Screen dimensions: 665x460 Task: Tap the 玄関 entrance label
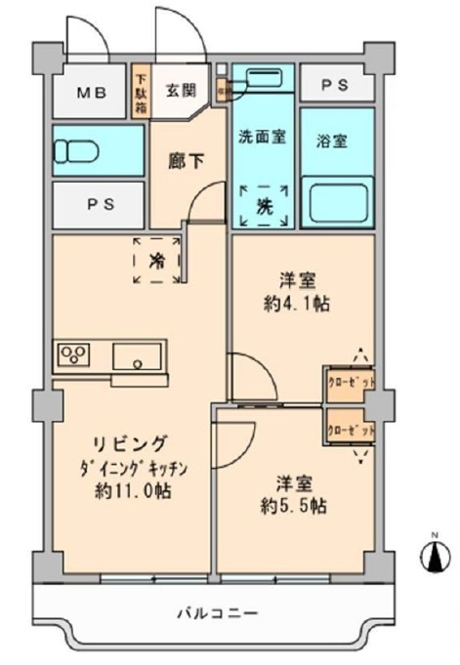coord(179,91)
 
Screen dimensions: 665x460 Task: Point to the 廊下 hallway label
coord(188,160)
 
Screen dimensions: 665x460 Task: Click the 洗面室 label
coord(262,137)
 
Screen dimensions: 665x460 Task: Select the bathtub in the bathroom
coord(338,202)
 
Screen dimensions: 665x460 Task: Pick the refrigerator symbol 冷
coord(156,260)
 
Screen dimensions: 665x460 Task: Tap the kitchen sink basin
coord(138,357)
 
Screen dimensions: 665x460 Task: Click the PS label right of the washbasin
coord(337,85)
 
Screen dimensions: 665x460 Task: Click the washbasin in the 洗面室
coord(261,78)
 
